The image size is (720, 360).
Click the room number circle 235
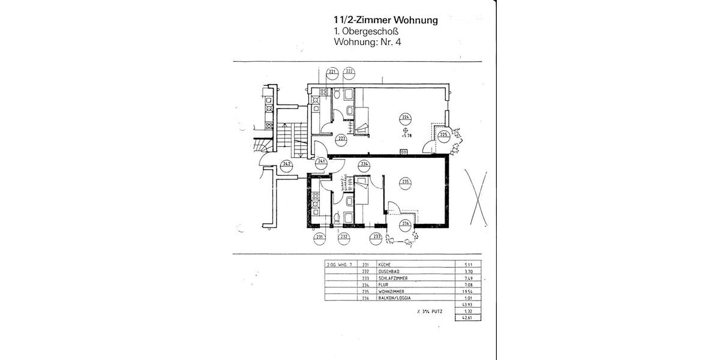405,182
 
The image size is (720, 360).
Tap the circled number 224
406,117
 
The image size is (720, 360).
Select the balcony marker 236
406,224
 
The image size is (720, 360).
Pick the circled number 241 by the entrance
322,161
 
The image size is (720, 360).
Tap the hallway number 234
364,163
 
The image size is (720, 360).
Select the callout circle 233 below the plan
377,237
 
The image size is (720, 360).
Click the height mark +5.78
407,136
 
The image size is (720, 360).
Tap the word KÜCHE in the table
385,264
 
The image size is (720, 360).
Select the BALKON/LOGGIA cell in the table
395,298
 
